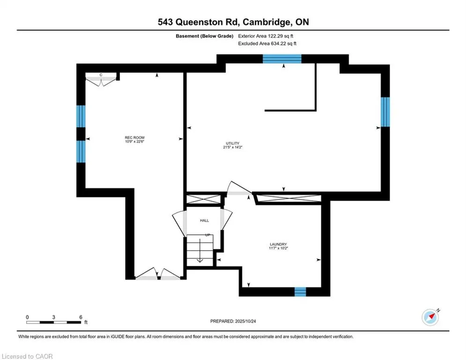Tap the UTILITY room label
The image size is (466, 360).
(233, 143)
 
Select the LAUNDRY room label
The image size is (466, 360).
(278, 244)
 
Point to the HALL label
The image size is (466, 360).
(205, 220)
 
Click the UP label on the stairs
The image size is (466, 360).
(207, 235)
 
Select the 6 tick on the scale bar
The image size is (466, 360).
(81, 317)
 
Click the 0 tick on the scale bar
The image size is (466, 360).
(28, 317)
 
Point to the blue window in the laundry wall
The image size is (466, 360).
(300, 292)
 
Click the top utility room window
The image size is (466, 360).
(281, 59)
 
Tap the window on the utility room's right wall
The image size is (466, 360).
(385, 112)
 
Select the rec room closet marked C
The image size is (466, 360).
(101, 79)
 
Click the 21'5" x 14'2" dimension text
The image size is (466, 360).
(233, 147)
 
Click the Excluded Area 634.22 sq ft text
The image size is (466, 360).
(267, 43)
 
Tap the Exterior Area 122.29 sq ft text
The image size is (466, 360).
(266, 36)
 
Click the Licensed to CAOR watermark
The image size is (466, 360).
(28, 356)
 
